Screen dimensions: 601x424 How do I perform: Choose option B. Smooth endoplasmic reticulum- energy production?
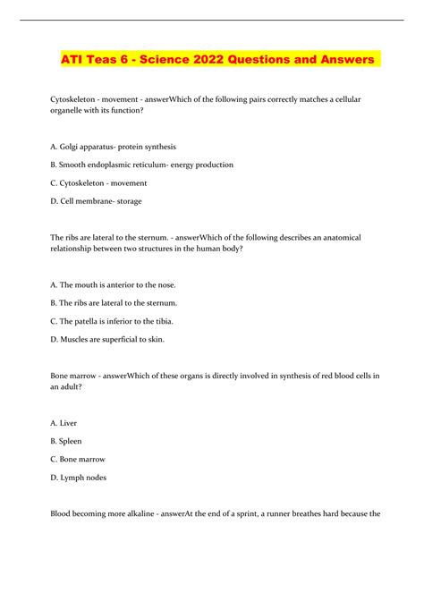pos(130,165)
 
